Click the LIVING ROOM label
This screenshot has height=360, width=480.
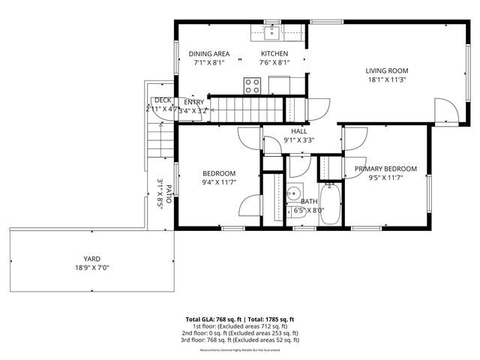tap(386, 71)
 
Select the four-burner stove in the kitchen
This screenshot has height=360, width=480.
tap(251, 85)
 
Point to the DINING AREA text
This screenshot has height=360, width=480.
tap(209, 54)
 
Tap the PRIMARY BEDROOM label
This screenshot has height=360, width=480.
tap(385, 169)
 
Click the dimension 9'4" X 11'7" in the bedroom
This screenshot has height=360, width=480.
tap(219, 182)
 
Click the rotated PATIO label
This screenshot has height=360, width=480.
tap(169, 193)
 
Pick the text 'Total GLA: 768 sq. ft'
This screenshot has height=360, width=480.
tap(212, 319)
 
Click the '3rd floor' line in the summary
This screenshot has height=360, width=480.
tap(240, 340)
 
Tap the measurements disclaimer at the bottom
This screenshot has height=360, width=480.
tap(240, 350)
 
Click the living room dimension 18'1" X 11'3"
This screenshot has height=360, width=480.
tap(386, 81)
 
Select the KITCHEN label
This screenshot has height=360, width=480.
tap(274, 54)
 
